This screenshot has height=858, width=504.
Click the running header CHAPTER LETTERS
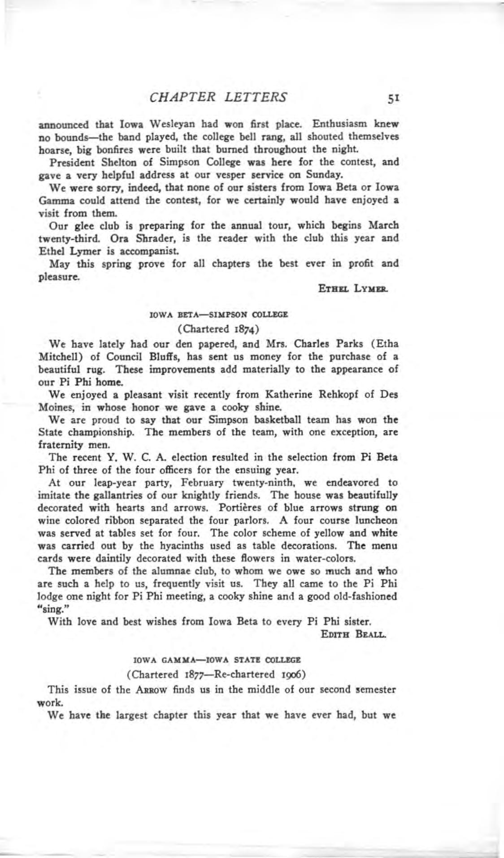click(218, 97)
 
